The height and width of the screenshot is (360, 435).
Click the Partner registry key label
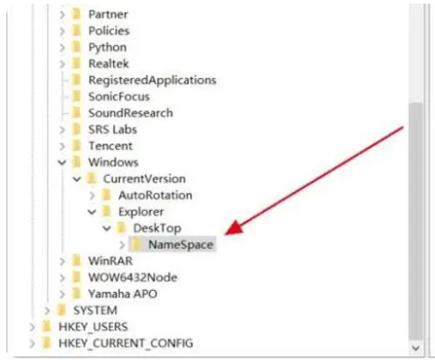click(x=108, y=14)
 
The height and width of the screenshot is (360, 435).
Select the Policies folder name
click(x=109, y=31)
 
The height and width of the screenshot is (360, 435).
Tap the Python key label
click(x=107, y=48)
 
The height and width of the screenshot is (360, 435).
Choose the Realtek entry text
click(x=109, y=64)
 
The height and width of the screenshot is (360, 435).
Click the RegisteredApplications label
click(x=152, y=80)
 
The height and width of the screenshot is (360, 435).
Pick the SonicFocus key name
click(x=119, y=97)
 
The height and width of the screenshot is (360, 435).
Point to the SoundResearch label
click(x=130, y=113)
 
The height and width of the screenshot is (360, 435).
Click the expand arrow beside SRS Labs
click(x=62, y=130)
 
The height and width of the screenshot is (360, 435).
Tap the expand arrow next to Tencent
click(x=62, y=146)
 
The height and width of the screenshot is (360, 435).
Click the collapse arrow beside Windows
click(x=62, y=162)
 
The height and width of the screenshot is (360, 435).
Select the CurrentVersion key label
click(x=145, y=179)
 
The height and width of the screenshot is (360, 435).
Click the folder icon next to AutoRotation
click(x=106, y=195)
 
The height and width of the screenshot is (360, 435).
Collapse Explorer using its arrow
click(x=92, y=212)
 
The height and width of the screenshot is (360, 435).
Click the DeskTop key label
click(x=157, y=228)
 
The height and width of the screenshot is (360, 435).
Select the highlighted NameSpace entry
click(x=181, y=245)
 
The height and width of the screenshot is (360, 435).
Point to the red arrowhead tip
click(x=226, y=234)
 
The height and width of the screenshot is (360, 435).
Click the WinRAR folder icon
click(x=76, y=261)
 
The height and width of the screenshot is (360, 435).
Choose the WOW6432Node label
click(x=133, y=277)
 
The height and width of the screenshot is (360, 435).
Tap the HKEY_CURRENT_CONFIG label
click(x=126, y=343)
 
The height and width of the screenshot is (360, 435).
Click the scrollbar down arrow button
click(x=415, y=347)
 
